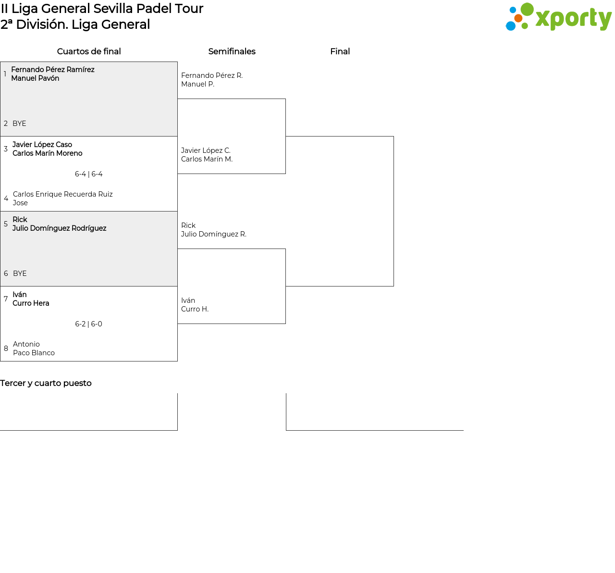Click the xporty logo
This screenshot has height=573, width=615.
(x=558, y=17)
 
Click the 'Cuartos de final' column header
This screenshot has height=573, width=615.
(x=89, y=51)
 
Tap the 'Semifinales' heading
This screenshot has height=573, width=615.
(x=232, y=51)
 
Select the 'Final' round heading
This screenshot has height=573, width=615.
(x=340, y=51)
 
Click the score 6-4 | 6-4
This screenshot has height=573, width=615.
(x=89, y=174)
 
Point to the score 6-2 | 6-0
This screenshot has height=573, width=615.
(x=89, y=324)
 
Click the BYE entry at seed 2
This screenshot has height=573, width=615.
(x=19, y=124)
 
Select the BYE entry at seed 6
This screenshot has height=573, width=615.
(x=20, y=274)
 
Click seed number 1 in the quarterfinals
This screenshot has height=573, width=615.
(x=5, y=74)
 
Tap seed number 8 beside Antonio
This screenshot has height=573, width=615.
(x=6, y=349)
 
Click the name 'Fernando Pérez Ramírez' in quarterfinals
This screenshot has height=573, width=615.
(x=53, y=70)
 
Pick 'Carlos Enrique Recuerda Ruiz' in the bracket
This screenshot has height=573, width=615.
(x=63, y=194)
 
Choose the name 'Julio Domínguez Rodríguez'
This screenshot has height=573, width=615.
(x=60, y=228)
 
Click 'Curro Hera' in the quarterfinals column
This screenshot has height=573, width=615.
(x=31, y=303)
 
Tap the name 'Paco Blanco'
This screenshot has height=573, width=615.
(x=34, y=353)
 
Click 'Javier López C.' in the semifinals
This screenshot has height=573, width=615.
(x=206, y=150)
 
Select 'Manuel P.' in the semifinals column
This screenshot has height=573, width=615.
(x=197, y=84)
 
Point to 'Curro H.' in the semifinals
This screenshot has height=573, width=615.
(x=195, y=309)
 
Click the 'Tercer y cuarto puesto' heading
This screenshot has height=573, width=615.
(x=46, y=383)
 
